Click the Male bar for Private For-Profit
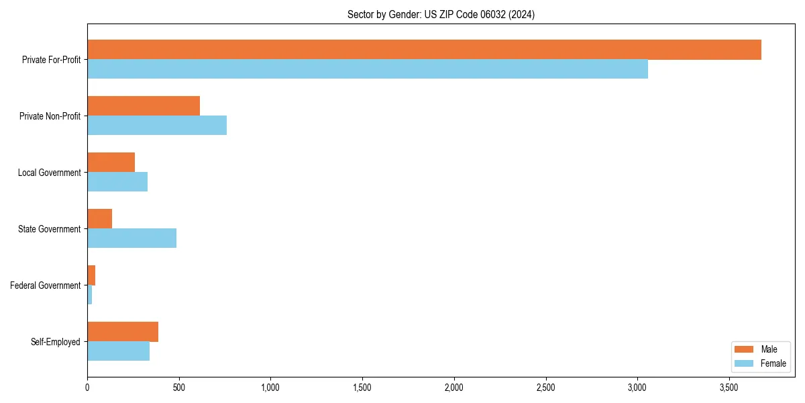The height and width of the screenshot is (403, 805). [424, 50]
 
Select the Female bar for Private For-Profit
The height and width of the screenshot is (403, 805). [368, 69]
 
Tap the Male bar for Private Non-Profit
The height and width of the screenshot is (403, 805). [144, 106]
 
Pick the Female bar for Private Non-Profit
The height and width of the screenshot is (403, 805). [157, 126]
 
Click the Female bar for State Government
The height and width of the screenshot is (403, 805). [131, 238]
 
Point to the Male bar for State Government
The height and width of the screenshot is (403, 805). [99, 219]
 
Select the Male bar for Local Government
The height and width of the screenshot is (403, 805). [111, 163]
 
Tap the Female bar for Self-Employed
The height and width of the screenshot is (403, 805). [118, 351]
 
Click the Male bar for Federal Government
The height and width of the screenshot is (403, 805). [91, 275]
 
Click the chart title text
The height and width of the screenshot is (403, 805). [441, 14]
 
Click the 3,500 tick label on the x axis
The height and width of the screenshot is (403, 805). [729, 388]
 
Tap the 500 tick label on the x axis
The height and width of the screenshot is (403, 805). [179, 388]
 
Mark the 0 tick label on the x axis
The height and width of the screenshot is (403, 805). [87, 388]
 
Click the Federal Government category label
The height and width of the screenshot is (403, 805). [46, 285]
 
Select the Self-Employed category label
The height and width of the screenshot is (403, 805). [56, 342]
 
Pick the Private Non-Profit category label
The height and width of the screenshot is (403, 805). [50, 116]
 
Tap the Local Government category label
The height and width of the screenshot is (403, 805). [49, 173]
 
